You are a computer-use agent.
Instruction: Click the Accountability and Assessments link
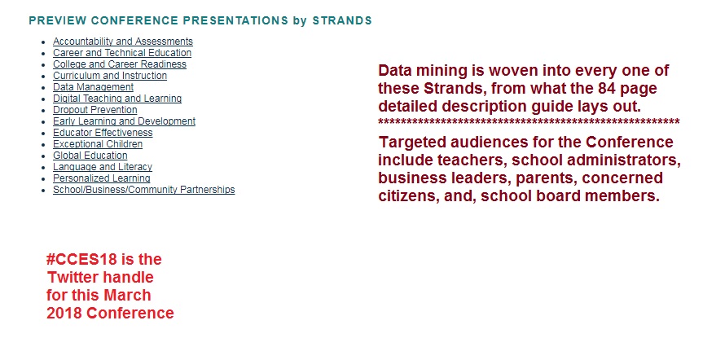(x=123, y=42)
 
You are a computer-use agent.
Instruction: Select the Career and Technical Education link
(x=122, y=53)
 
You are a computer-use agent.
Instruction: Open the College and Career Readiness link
(x=120, y=64)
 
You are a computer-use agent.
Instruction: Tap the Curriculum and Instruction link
(x=110, y=76)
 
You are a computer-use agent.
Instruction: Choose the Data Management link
(x=93, y=87)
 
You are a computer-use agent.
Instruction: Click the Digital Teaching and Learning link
(x=117, y=99)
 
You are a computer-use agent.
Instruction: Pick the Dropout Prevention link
(x=95, y=110)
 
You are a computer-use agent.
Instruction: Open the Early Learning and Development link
(x=124, y=121)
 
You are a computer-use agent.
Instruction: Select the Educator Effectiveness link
(x=103, y=133)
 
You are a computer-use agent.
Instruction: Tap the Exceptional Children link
(x=98, y=144)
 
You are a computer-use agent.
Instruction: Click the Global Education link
(x=90, y=156)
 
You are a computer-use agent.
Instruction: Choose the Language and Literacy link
(x=103, y=167)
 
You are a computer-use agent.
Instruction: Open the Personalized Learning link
(x=101, y=178)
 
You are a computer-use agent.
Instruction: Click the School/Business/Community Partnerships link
(x=144, y=190)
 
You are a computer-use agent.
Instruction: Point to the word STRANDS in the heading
(x=342, y=20)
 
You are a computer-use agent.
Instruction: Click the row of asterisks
(x=529, y=121)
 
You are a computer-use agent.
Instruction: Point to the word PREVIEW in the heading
(x=57, y=20)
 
